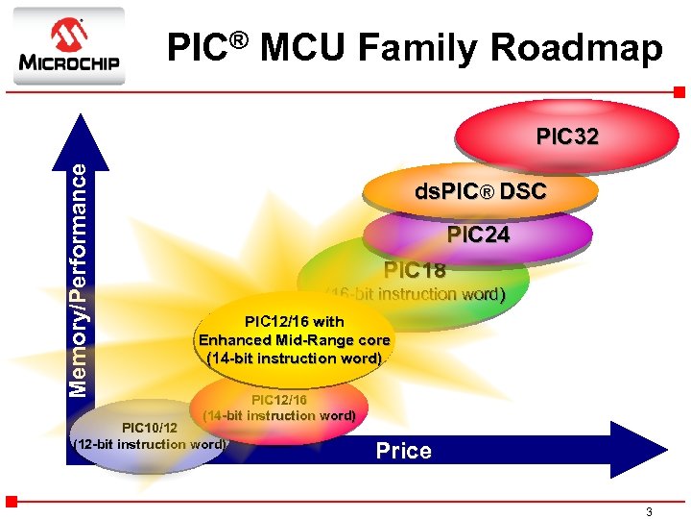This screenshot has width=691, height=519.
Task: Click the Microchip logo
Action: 68,45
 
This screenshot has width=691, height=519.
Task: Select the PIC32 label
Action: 567,136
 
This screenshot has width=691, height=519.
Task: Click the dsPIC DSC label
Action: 480,191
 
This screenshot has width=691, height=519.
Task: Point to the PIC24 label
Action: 478,235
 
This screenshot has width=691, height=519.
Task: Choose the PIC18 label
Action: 415,270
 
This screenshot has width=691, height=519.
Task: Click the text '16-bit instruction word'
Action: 416,294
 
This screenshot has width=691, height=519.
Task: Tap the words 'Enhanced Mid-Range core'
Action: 294,340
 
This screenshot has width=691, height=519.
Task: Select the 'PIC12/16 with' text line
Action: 294,321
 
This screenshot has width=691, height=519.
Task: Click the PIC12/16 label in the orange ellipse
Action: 279,399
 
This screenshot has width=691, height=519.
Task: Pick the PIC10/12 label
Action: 149,427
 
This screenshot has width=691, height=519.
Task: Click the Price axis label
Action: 403,451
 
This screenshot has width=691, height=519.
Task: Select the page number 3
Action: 649,512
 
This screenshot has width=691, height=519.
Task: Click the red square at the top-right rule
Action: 679,92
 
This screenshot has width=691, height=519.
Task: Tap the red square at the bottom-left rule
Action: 12,501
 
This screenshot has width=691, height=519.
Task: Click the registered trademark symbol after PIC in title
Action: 239,38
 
